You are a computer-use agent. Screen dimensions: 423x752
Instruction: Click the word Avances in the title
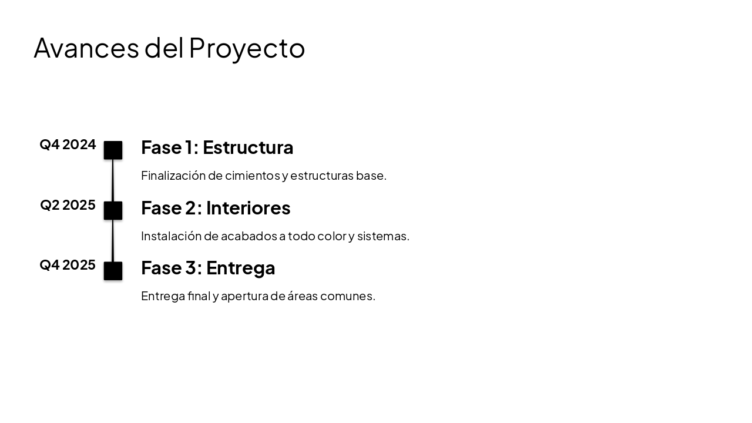(x=86, y=48)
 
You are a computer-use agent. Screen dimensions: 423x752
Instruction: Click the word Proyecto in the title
(x=247, y=48)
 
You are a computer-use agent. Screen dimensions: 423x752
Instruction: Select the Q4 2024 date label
(x=68, y=145)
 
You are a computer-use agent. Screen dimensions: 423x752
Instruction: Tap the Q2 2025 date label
(x=68, y=205)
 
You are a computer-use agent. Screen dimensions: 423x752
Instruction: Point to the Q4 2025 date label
(x=68, y=265)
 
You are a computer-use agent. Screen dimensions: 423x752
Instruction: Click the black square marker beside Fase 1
(x=113, y=150)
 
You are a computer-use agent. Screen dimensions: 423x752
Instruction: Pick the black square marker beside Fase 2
(x=113, y=210)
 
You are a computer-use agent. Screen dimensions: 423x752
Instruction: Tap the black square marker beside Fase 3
(x=113, y=271)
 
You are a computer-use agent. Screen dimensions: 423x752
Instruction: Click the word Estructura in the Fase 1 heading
(x=248, y=147)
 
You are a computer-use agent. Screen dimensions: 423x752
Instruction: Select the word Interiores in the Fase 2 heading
(x=248, y=208)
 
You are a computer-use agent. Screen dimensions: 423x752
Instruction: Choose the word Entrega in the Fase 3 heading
(x=240, y=268)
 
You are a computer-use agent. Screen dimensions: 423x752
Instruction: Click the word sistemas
(x=382, y=236)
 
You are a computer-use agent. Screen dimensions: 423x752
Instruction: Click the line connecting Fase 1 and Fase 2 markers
(x=113, y=180)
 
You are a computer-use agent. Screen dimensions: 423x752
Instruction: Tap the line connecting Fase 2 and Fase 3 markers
(x=113, y=241)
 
